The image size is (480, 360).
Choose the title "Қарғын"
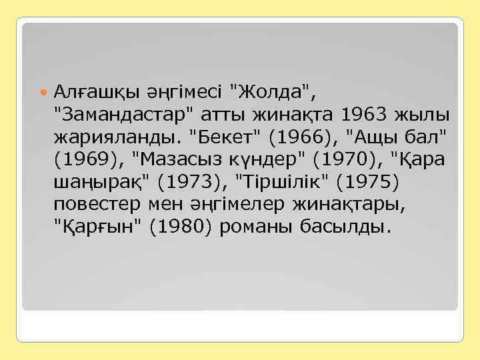pos(97,228)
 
